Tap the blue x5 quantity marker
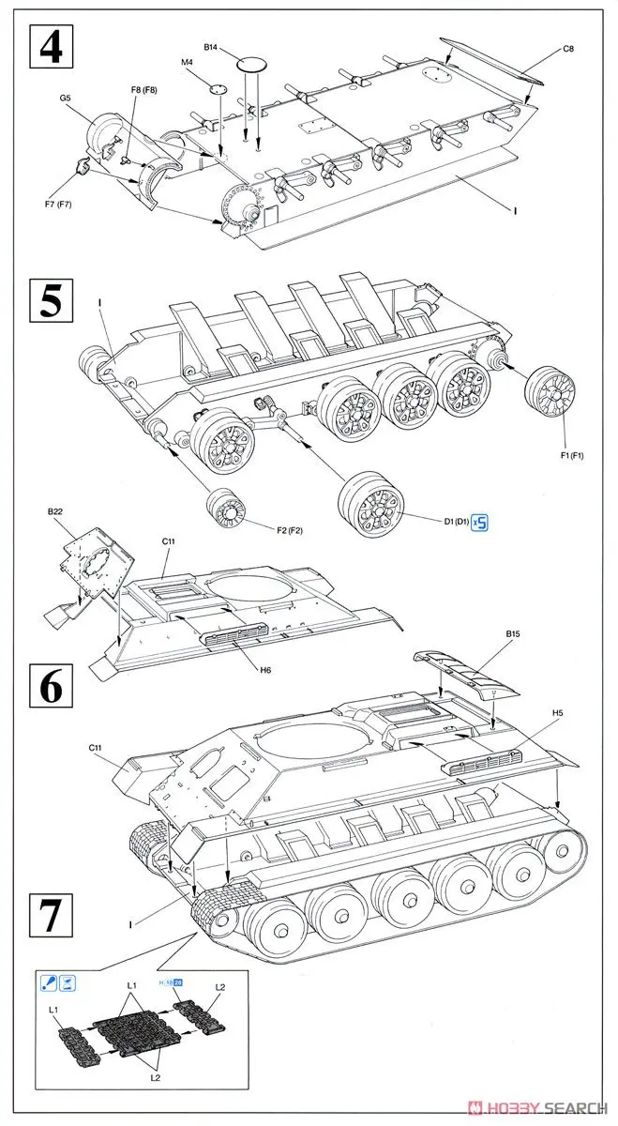pyautogui.click(x=480, y=522)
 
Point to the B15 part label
pyautogui.click(x=513, y=634)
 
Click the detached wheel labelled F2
pyautogui.click(x=226, y=511)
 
